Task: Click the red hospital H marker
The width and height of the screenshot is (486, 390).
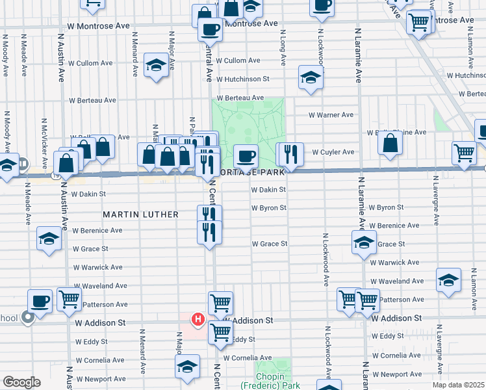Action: tap(198, 320)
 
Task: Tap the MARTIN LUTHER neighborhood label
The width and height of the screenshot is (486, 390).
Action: tap(136, 214)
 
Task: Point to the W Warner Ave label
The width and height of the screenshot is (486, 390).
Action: tap(331, 115)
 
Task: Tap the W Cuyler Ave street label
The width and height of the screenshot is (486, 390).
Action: tap(333, 152)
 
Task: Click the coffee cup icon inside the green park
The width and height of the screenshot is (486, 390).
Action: tap(246, 156)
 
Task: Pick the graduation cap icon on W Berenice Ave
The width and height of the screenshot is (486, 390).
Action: tap(49, 237)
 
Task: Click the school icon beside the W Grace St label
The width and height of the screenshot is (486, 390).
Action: tap(364, 244)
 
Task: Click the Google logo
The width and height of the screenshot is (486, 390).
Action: tap(22, 382)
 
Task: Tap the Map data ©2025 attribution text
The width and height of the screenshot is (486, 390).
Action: tap(458, 385)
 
